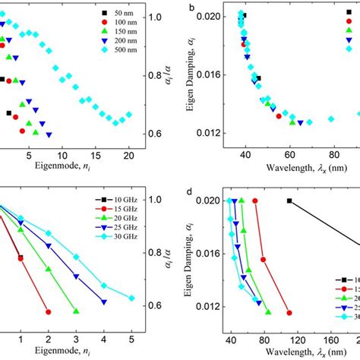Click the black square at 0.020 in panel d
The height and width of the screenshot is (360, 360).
[x=289, y=201]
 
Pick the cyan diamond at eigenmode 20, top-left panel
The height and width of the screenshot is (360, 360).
[x=128, y=115]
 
